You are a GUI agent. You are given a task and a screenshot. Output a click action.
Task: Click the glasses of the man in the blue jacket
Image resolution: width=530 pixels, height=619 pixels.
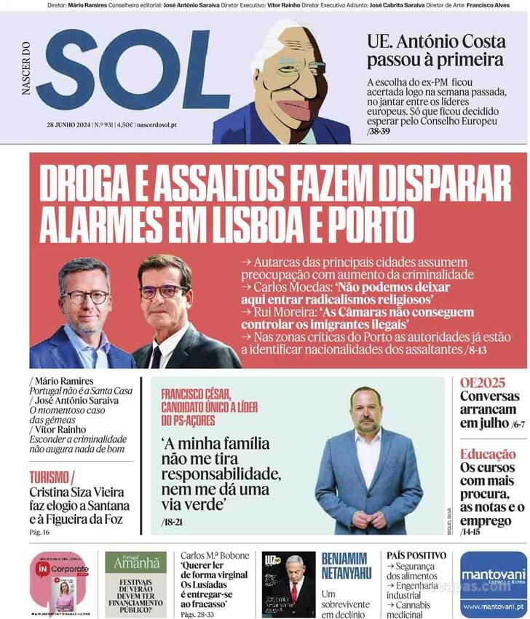(x=86, y=297)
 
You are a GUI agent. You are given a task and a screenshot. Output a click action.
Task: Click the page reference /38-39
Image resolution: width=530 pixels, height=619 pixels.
(x=381, y=132)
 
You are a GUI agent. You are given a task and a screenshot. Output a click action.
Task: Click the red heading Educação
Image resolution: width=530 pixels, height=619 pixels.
(x=488, y=455)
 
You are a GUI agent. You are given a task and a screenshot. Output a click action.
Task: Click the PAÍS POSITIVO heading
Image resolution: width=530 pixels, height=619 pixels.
(x=416, y=555)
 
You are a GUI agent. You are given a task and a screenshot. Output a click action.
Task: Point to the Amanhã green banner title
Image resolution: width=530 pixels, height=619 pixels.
(x=135, y=563)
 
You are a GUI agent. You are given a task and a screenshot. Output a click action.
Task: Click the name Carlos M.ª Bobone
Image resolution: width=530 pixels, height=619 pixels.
(x=214, y=556)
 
